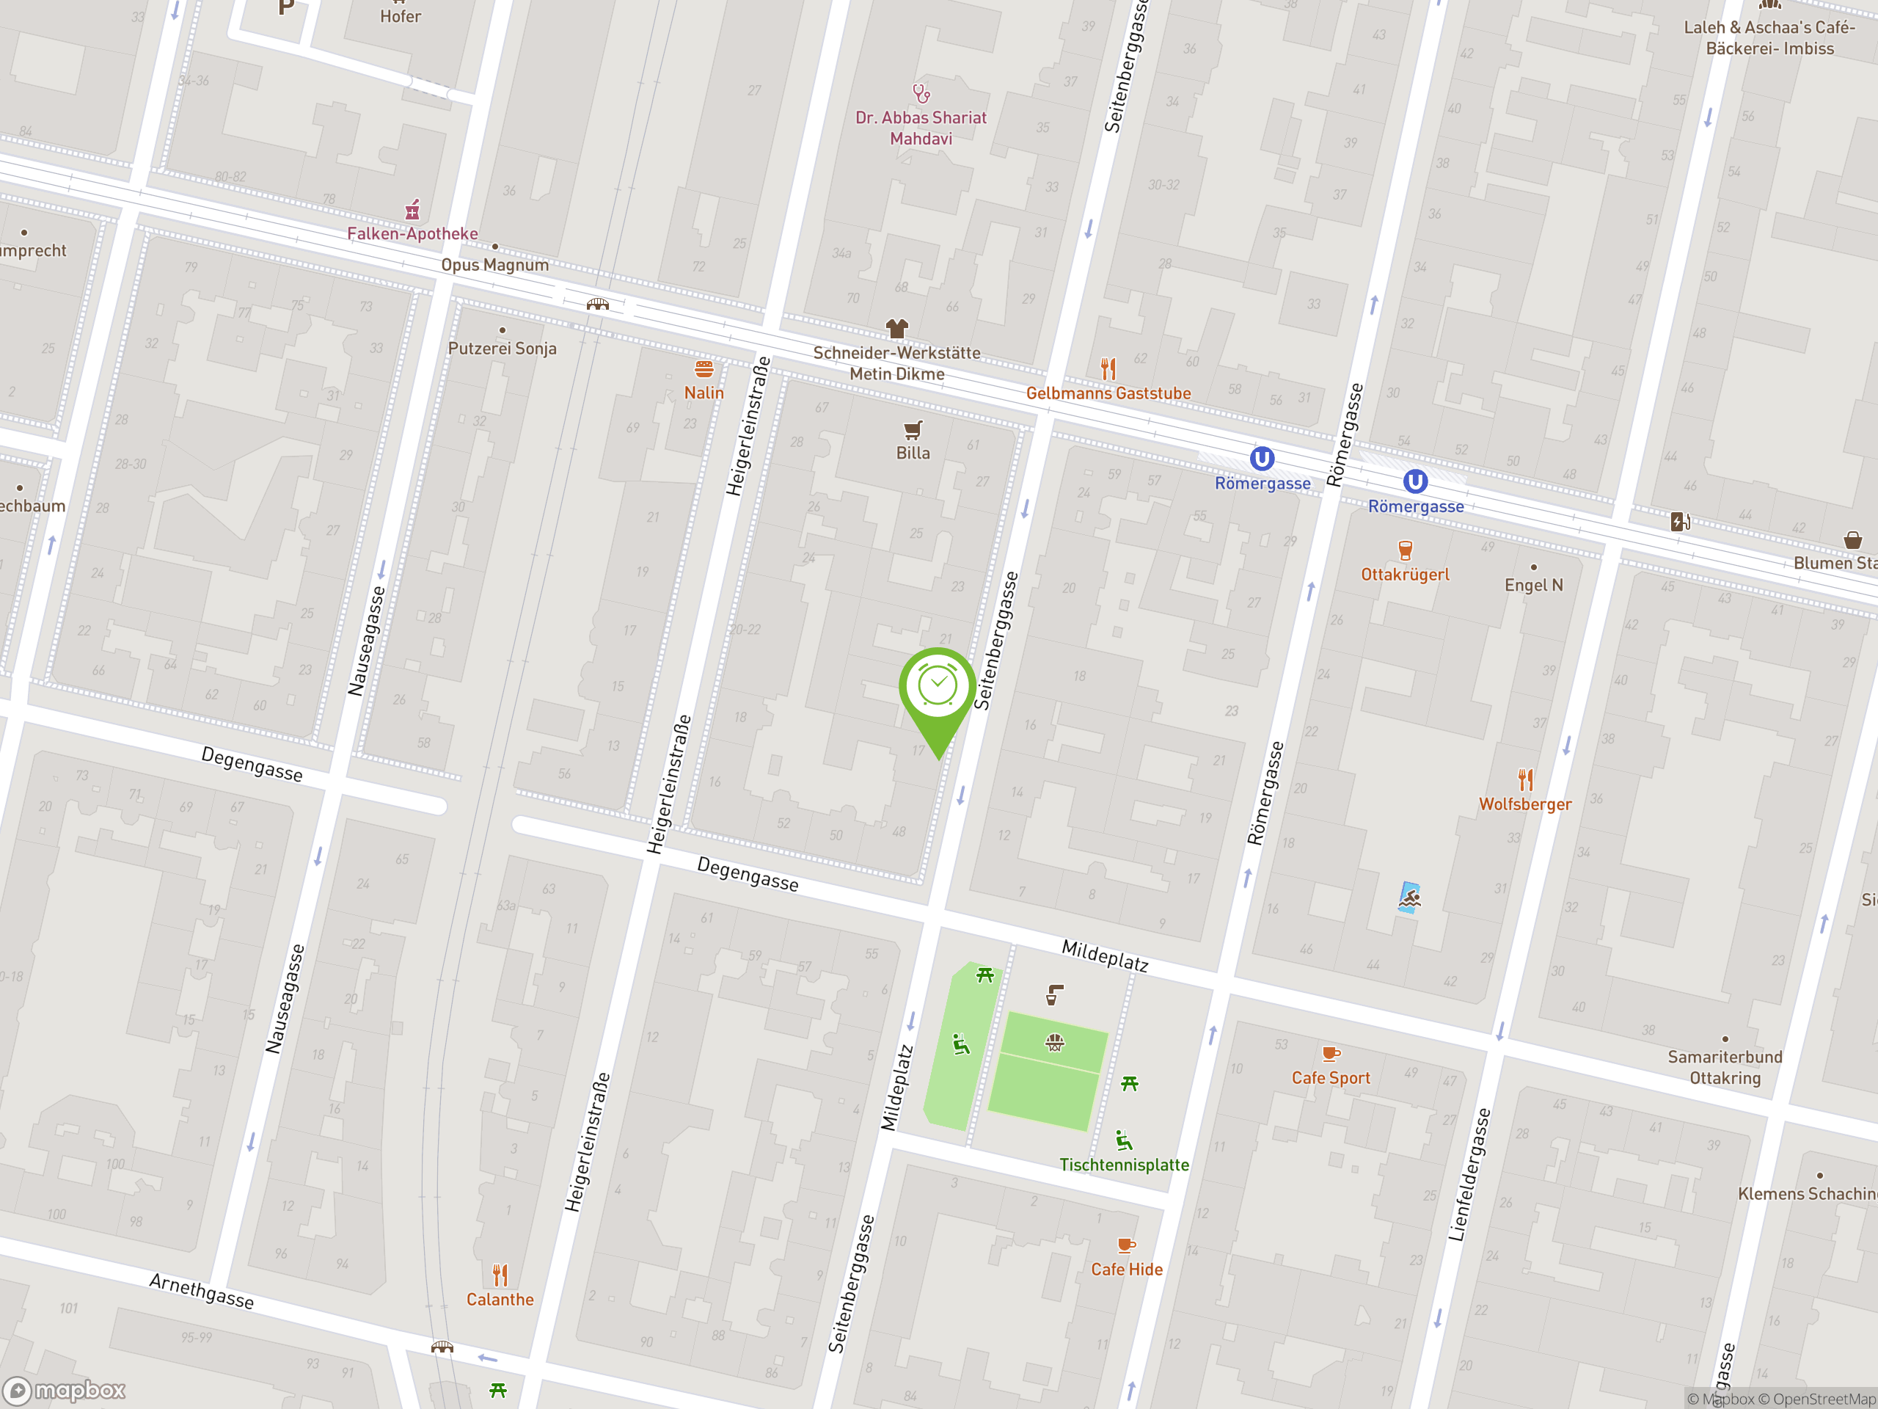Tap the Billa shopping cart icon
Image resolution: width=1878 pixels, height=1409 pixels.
(913, 430)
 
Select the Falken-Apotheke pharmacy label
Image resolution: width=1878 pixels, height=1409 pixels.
(412, 233)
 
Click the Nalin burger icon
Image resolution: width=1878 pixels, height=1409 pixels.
(704, 369)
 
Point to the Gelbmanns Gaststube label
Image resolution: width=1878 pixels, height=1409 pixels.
(1108, 393)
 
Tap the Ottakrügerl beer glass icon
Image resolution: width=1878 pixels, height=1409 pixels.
(1405, 550)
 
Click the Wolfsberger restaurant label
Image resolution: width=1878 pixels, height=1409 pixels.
(1525, 804)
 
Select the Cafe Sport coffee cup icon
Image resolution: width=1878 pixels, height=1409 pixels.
(1331, 1054)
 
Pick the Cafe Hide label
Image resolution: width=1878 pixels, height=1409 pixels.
(1127, 1269)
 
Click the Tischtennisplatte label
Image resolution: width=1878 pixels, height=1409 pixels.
(1124, 1165)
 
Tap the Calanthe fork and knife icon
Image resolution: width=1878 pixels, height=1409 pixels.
(500, 1275)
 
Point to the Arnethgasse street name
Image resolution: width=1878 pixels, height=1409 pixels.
(202, 1291)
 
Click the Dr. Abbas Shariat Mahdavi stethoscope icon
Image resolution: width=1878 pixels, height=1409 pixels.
(921, 92)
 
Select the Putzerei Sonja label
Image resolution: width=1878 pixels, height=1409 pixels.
(502, 349)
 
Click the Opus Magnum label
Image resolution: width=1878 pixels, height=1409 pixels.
(494, 265)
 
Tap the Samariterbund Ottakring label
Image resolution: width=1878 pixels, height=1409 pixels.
(1725, 1068)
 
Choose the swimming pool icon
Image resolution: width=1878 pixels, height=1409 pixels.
(1409, 897)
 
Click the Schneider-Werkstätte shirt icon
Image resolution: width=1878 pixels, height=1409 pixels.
(896, 328)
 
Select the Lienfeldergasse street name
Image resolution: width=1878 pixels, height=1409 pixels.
(1469, 1175)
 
